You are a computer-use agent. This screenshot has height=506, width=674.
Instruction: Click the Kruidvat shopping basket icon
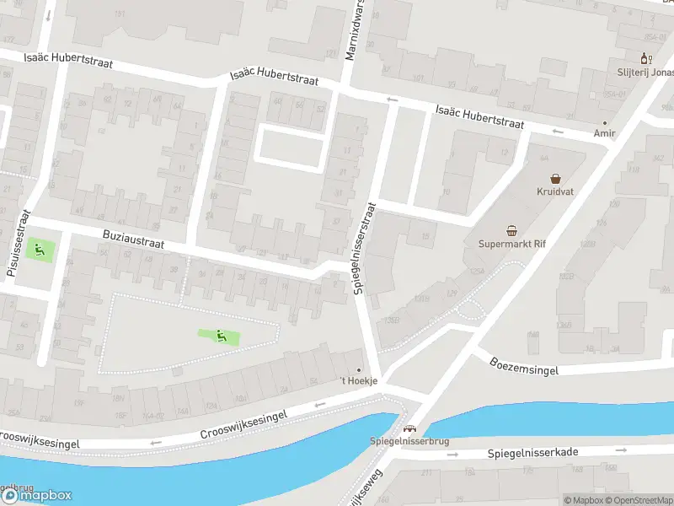coord(555,178)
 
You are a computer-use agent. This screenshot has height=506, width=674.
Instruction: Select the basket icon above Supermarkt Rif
coord(511,230)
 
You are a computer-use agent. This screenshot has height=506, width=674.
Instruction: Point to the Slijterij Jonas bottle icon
coord(646,58)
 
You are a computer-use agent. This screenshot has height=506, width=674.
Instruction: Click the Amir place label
coord(604,133)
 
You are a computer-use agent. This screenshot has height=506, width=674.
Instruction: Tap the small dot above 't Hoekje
coord(360,370)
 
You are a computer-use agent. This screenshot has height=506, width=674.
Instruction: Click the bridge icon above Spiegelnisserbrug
coord(410,429)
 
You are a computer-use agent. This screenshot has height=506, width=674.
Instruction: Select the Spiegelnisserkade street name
coord(532,453)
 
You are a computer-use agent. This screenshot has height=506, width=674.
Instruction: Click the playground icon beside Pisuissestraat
coord(37,249)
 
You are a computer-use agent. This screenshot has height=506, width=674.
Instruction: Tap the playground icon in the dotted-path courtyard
coord(222,336)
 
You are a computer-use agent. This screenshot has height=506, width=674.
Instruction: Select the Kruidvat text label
coord(555,191)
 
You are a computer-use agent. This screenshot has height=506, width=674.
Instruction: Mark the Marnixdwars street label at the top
coord(357,30)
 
